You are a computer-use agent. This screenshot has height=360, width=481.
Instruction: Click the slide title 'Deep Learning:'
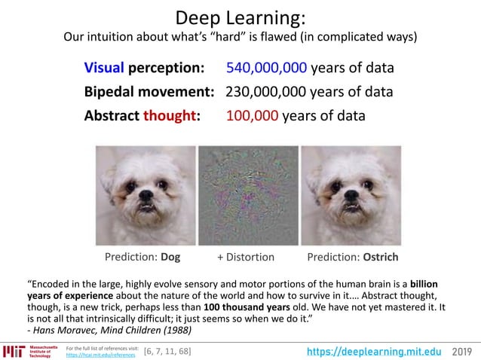coord(240,17)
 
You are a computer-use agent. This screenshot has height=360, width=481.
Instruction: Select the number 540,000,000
coord(266,69)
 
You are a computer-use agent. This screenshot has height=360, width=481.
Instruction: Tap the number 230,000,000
coord(266,93)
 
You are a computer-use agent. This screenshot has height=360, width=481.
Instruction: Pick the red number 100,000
coord(253,117)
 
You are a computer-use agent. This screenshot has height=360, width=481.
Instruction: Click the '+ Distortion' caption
coord(246,257)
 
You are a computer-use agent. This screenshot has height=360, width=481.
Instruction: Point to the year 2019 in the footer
coord(462,351)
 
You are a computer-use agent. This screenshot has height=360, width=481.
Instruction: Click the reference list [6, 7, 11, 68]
coord(167,351)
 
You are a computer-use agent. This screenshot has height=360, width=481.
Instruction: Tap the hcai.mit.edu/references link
coord(97,354)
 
